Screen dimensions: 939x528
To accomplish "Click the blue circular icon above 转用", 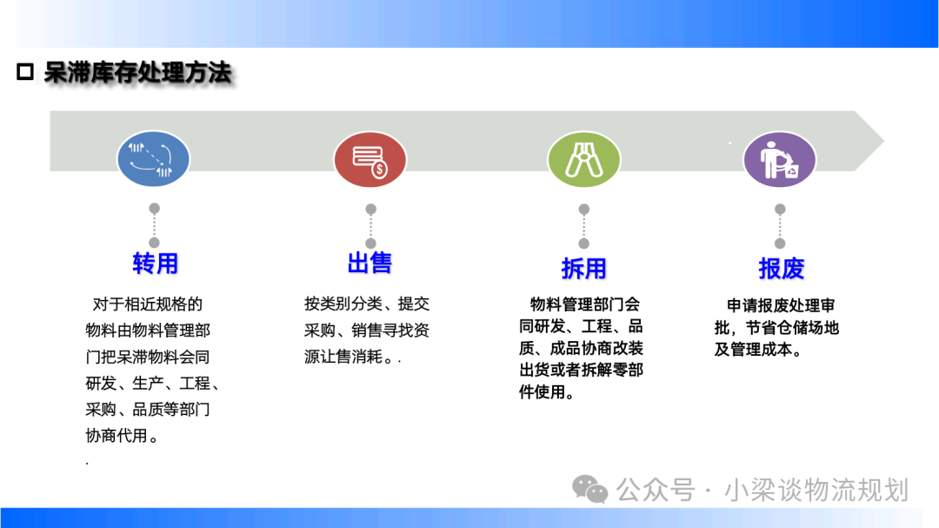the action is pos(153,159).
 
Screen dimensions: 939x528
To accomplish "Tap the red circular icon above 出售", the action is pos(370,159).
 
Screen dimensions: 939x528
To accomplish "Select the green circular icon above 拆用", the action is pos(584,159).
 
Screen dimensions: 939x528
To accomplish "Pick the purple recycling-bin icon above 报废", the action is pos(780,159).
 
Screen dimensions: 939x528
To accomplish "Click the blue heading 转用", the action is pos(155,263).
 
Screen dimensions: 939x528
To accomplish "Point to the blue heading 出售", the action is pos(370,263).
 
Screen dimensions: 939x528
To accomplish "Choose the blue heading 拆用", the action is pos(584,269).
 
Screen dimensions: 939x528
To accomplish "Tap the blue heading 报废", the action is pos(781,269).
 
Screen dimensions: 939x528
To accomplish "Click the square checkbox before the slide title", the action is pos(25,72).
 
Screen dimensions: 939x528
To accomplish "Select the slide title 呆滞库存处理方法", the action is pos(137,72).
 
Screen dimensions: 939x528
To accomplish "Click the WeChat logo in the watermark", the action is pos(589,489).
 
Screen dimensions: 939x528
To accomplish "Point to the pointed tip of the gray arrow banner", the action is pos(884,142).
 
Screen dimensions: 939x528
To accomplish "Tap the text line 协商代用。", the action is pos(123,436).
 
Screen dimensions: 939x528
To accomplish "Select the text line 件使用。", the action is pos(548,392).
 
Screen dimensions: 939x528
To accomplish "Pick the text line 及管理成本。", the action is pos(758,350).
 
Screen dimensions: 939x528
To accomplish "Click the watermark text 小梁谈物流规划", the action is pos(816,490).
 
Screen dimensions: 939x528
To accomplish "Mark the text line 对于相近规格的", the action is pos(147,304).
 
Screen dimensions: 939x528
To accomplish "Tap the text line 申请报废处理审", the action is pos(781,305).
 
